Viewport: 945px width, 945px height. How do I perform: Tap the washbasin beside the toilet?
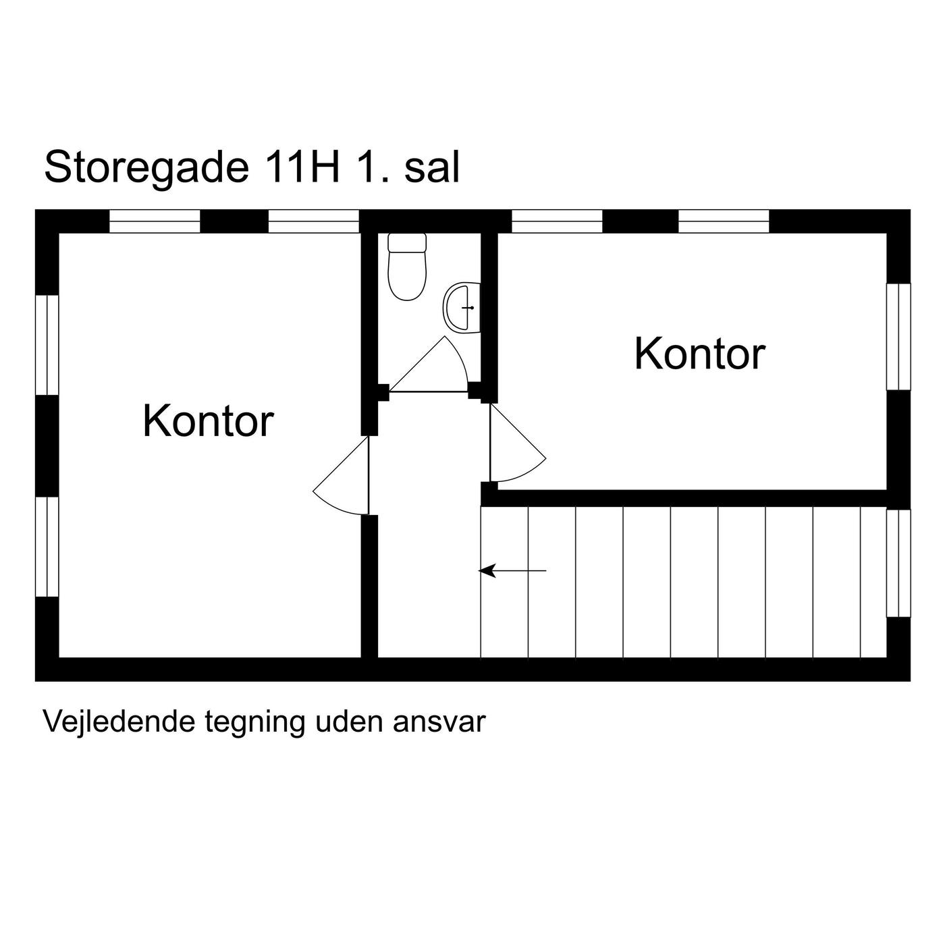462,308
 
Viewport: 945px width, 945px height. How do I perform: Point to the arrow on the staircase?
512,571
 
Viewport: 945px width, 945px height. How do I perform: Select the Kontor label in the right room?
700,354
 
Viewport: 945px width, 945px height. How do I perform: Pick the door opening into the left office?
341,475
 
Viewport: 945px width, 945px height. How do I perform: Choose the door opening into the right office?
518,442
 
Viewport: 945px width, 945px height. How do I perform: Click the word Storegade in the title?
147,167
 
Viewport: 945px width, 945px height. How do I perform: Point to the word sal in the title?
432,167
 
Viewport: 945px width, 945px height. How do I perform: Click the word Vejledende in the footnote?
119,722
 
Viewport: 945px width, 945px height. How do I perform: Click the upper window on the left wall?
47,345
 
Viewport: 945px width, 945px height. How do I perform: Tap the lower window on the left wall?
47,547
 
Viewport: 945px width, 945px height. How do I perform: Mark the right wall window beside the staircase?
898,563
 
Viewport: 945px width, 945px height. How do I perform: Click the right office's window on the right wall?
898,336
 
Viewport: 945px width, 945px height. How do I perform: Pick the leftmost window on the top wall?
155,221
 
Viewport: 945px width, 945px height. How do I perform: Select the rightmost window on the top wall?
724,221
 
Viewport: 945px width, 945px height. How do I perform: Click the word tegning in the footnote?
255,723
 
